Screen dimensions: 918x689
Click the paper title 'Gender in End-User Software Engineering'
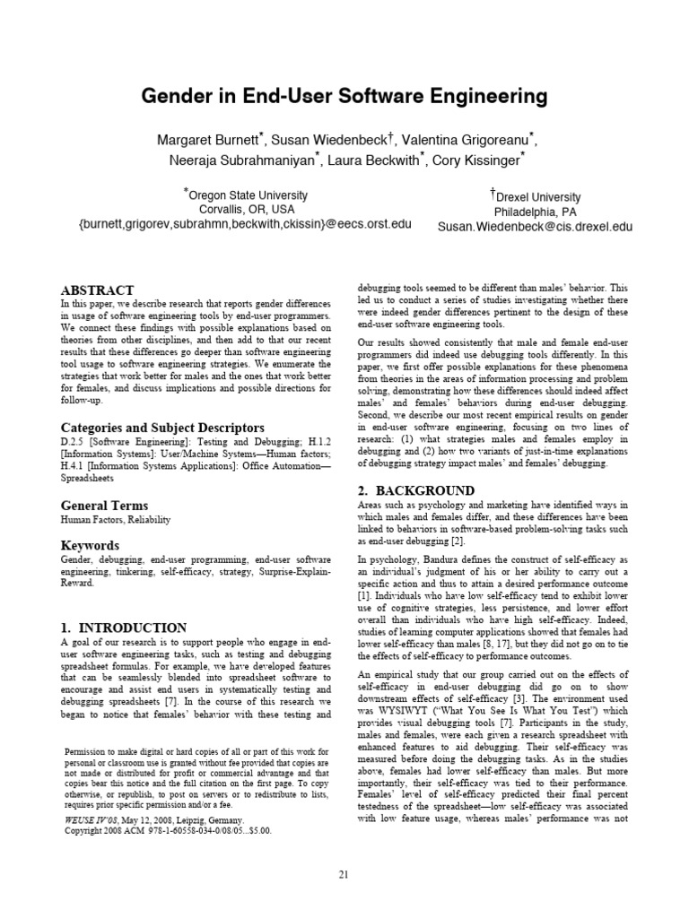point(344,96)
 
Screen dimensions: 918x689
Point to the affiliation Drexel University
point(536,196)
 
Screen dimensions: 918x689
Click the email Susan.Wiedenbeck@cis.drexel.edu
point(535,227)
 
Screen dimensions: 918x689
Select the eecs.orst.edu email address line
point(245,224)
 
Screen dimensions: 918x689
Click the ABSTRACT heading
point(97,290)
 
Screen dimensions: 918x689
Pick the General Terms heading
point(104,505)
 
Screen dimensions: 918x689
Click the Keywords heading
point(90,545)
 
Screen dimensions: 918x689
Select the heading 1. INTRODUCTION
point(124,628)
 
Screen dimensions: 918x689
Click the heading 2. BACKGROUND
point(416,490)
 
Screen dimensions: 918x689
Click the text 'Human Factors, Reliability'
point(115,520)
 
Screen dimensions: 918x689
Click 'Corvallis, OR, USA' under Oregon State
point(247,209)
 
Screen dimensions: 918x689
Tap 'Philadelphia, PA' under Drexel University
point(536,212)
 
